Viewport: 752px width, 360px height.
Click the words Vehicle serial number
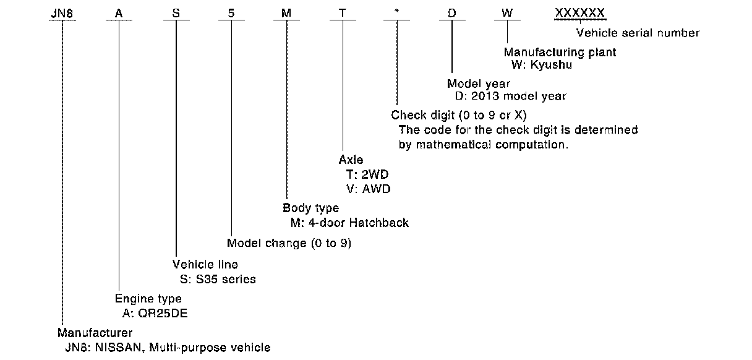click(638, 33)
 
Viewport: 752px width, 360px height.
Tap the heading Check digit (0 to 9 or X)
click(458, 116)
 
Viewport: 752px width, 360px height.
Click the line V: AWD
click(369, 189)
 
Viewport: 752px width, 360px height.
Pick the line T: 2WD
click(369, 174)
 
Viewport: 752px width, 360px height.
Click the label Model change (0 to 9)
click(289, 243)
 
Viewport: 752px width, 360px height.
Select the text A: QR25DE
click(155, 313)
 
